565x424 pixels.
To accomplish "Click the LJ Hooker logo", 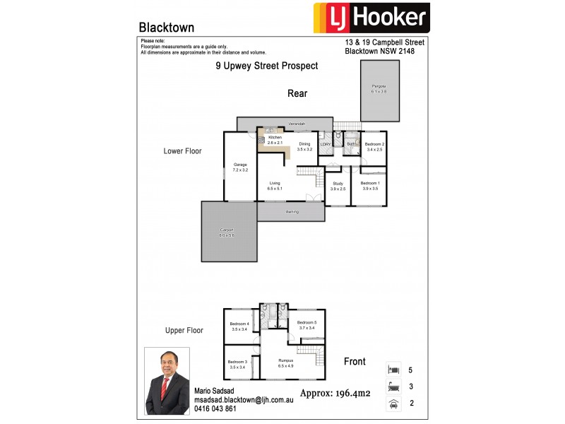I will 370,17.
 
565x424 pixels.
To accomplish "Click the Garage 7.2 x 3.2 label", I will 240,167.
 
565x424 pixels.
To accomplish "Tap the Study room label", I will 338,186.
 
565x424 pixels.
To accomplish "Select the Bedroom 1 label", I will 369,186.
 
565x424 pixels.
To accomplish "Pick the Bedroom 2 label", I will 374,146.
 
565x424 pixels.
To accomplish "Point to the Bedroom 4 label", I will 239,326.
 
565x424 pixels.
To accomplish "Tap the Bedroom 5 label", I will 307,325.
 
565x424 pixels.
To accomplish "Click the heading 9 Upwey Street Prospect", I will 266,66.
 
